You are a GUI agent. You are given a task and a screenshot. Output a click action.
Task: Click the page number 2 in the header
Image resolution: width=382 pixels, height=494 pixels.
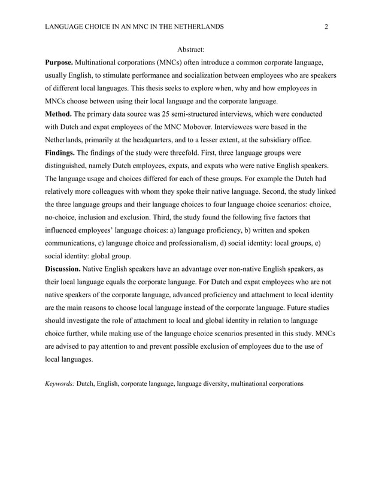tap(326, 27)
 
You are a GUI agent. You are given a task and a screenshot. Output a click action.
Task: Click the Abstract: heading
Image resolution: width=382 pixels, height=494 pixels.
tap(191, 49)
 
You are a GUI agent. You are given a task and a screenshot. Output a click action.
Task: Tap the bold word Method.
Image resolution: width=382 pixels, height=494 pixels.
tap(58, 114)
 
